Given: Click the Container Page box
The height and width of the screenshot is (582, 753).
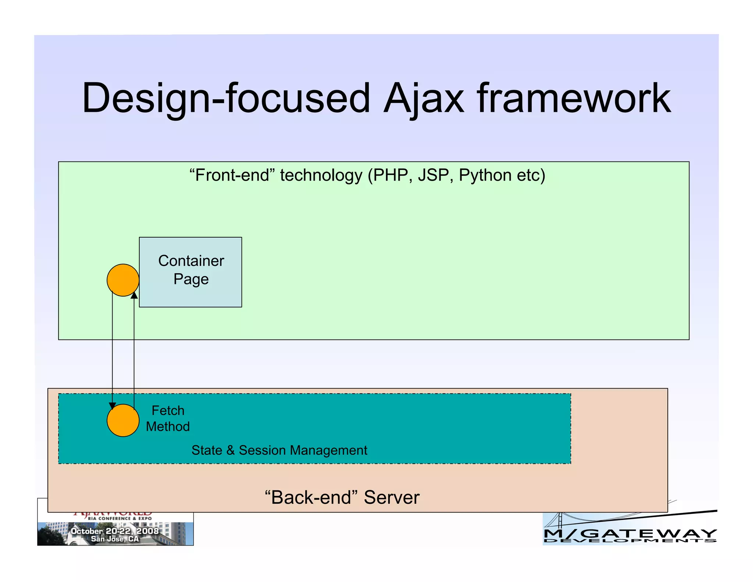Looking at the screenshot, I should click(x=190, y=272).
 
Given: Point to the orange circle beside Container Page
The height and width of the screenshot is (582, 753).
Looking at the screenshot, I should click(x=123, y=280).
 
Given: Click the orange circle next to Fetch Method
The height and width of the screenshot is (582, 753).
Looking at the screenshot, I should click(x=123, y=420).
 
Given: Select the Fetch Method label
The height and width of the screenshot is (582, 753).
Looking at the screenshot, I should click(x=168, y=419).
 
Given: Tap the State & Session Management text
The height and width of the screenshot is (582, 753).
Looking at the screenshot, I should click(x=279, y=450).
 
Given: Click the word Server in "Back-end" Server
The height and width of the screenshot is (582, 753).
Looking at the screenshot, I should click(x=391, y=497).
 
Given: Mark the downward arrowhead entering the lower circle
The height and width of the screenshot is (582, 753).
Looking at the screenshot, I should click(x=113, y=406).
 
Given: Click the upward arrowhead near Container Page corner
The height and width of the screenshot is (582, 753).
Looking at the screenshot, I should click(x=134, y=295).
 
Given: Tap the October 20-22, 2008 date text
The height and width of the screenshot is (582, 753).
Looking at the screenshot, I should click(x=115, y=531).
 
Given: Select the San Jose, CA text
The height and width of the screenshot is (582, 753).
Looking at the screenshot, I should click(x=115, y=539).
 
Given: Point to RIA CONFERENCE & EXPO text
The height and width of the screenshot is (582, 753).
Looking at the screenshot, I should click(x=119, y=518).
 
